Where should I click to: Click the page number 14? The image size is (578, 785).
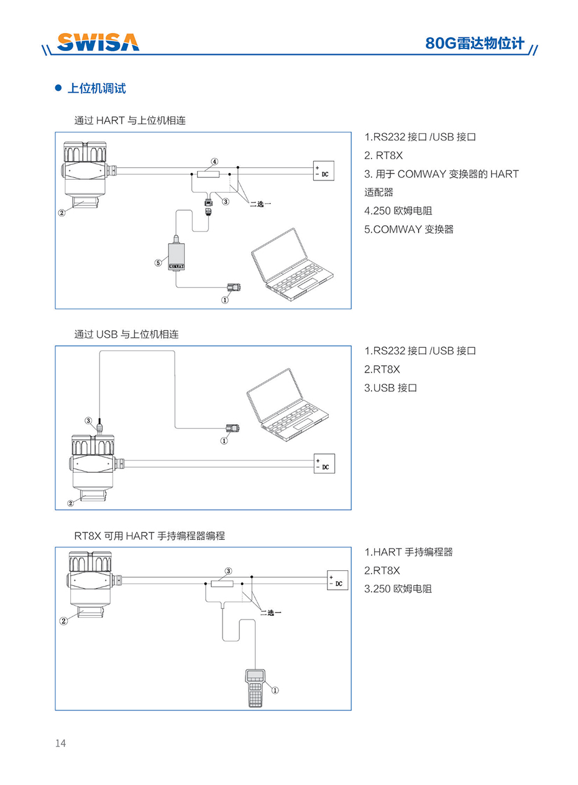(x=60, y=743)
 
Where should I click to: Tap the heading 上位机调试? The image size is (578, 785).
(x=96, y=88)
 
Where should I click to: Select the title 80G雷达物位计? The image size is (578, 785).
(x=475, y=43)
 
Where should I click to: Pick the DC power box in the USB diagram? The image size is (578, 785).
(x=324, y=463)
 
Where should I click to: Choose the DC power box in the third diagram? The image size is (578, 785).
(x=337, y=580)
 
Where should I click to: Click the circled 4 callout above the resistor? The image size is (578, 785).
(x=214, y=162)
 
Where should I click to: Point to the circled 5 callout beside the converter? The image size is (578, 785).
(x=158, y=263)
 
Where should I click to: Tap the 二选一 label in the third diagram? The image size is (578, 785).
(x=270, y=613)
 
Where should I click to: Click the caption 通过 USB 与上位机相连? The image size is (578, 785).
(x=126, y=334)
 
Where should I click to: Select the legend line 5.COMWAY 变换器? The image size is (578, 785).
(x=409, y=229)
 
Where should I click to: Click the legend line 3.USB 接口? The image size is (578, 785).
(x=390, y=388)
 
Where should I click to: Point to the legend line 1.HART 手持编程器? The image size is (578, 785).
(x=408, y=552)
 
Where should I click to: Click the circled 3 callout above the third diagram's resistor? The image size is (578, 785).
(x=228, y=571)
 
